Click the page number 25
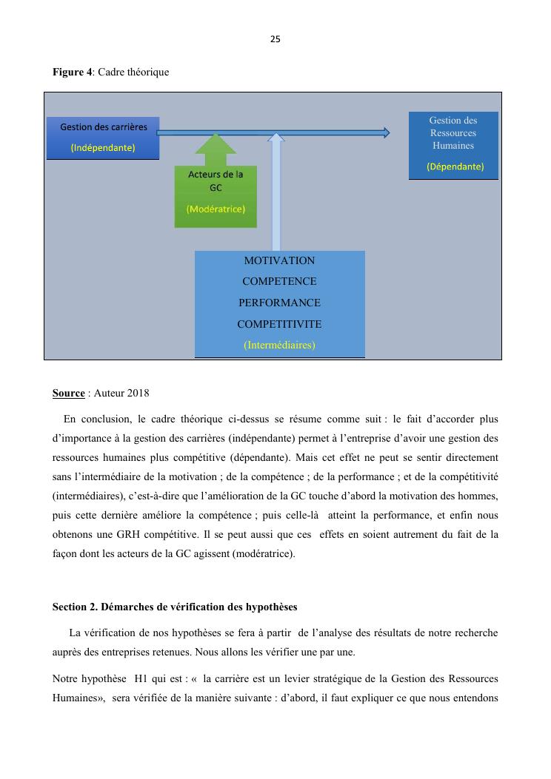(275, 39)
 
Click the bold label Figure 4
(72, 72)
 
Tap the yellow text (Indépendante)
(103, 147)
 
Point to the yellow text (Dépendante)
(455, 166)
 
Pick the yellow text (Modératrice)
(216, 209)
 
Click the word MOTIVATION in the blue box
(279, 260)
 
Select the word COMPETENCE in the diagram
(279, 281)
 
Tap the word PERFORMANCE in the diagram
(279, 303)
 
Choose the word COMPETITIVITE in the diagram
(279, 324)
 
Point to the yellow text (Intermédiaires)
(279, 345)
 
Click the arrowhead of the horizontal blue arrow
(384, 132)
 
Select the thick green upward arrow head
(216, 144)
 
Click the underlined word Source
(68, 392)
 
